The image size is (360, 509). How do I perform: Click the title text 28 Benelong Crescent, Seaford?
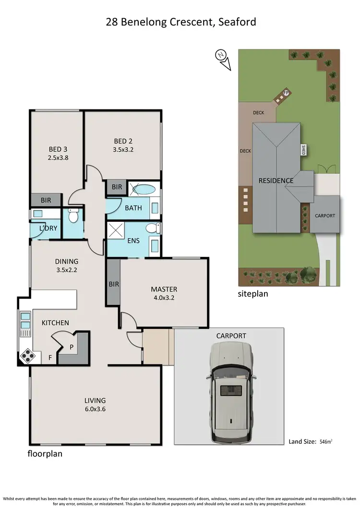180,22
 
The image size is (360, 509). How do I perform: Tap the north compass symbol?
221,56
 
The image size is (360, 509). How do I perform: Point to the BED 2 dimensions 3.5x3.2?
123,149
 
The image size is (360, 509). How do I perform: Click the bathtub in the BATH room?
143,189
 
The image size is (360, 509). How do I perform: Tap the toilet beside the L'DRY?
73,217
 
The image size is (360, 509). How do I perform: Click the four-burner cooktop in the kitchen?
27,356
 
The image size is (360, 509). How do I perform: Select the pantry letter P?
71,346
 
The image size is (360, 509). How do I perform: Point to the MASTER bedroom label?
164,289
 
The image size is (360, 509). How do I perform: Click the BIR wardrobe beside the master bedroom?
113,284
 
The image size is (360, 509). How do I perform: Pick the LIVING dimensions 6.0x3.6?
95,409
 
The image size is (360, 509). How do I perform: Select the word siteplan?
253,293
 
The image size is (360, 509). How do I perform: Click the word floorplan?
44,453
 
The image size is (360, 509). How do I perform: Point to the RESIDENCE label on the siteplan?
276,181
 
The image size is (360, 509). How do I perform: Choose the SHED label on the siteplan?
303,150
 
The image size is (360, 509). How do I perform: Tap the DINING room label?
66,262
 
